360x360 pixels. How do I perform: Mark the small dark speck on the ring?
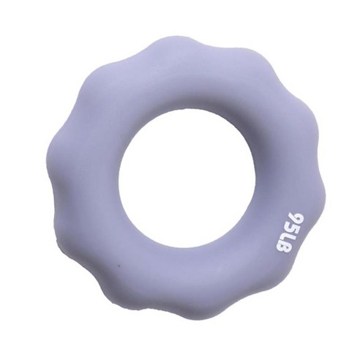point(119,265)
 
